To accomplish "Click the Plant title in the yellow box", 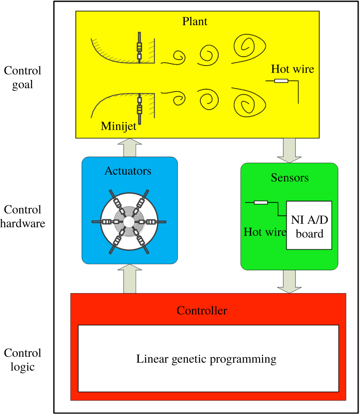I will (x=195, y=21).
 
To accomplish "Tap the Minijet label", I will (x=119, y=126).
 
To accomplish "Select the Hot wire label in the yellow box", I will (x=293, y=69).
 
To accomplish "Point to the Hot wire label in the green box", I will (x=265, y=232).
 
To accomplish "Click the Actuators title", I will (x=128, y=171).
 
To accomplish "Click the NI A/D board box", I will (x=309, y=225).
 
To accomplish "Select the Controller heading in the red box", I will (x=202, y=310).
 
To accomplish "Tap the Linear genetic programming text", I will (x=206, y=359).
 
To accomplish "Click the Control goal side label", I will (x=22, y=77).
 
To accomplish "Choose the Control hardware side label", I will (x=22, y=216).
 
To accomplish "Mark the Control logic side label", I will (x=22, y=360).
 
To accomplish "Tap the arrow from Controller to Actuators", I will (x=129, y=279).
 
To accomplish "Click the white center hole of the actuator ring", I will (x=129, y=222).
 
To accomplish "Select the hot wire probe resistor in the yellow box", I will (x=281, y=81).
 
